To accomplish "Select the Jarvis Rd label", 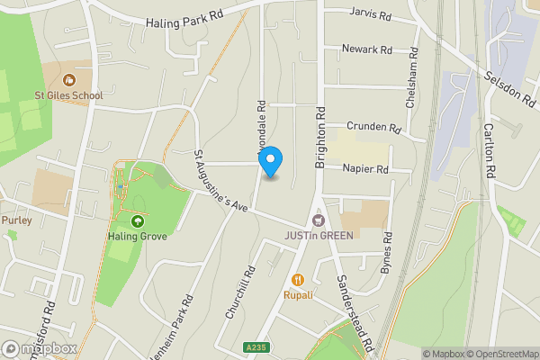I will pos(371,16).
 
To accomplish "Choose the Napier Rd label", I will pos(364,168).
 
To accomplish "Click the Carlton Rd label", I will pos(491,150).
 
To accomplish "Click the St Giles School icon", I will pos(70,79).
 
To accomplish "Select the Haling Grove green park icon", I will pos(138,221).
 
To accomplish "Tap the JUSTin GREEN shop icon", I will pos(317,220).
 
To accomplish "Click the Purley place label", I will pos(16,220).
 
